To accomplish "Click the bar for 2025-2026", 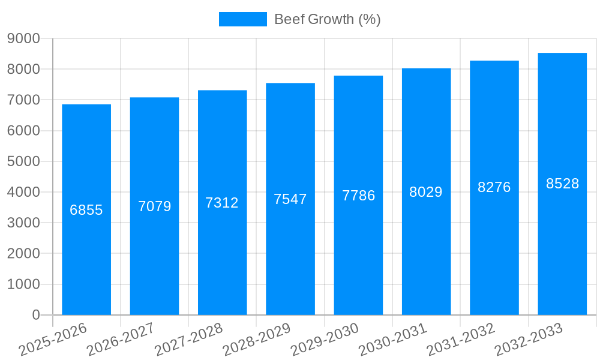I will (x=86, y=209).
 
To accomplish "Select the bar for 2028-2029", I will (x=290, y=199).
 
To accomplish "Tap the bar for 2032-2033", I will (x=562, y=184).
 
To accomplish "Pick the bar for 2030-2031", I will (x=426, y=191).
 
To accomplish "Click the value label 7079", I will (x=155, y=206).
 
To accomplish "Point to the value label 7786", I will (x=359, y=196).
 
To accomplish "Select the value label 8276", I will (x=494, y=187).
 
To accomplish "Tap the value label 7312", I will (x=222, y=203).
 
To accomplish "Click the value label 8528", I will (x=562, y=184).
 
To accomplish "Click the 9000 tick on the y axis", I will (x=23, y=38).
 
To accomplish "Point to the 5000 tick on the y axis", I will (x=23, y=161).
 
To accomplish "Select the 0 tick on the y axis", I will (x=35, y=315).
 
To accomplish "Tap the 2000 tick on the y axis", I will (x=23, y=254).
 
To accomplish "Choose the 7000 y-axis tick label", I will (x=23, y=100).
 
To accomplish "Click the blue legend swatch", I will (x=242, y=19).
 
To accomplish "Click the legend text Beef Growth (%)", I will (x=327, y=19).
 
